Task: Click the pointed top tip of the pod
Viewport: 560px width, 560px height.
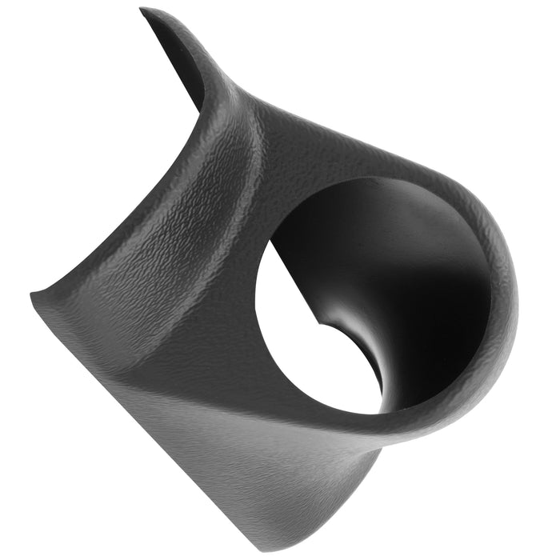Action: point(143,10)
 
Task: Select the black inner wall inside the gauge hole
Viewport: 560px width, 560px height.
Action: point(416,264)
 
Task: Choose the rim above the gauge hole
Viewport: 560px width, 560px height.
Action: point(360,164)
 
